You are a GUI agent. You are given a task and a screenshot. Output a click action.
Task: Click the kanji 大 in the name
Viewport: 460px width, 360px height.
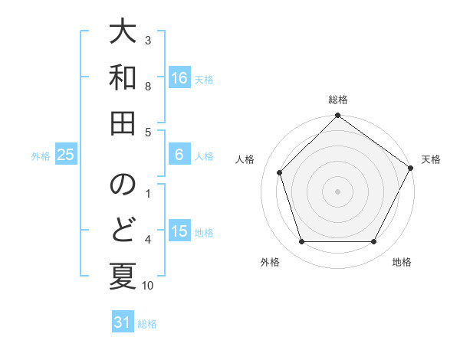(x=123, y=33)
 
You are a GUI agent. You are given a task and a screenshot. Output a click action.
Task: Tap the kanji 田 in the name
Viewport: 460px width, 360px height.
(x=123, y=123)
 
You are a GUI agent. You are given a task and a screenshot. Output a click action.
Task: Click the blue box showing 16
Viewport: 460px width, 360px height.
(x=179, y=78)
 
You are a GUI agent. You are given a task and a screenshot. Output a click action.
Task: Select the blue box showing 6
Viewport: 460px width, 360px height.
(x=179, y=155)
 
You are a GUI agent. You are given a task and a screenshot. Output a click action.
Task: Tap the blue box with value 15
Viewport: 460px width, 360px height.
(x=179, y=231)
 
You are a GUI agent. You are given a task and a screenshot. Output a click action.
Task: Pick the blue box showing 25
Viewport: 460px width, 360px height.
(x=66, y=155)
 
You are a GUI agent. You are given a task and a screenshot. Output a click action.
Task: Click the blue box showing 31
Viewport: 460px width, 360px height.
(x=123, y=322)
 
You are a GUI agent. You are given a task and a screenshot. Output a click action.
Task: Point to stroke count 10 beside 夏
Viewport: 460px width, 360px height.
(x=148, y=286)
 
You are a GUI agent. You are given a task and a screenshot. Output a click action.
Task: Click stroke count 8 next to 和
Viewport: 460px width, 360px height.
(x=148, y=87)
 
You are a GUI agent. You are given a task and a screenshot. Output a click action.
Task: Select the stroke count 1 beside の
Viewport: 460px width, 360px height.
(x=148, y=195)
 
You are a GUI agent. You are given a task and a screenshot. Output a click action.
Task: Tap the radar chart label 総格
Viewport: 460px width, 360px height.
(x=338, y=100)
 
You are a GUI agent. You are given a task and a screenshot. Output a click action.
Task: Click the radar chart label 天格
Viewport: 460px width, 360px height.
(x=432, y=159)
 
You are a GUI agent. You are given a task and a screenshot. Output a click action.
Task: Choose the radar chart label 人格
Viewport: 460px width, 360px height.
(x=245, y=159)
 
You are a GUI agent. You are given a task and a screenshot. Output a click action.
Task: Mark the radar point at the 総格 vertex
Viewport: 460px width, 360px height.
(x=338, y=116)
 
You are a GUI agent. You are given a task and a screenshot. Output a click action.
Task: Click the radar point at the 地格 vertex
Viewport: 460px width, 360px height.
(x=374, y=242)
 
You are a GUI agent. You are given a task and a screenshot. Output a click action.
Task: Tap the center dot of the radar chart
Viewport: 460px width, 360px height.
(x=338, y=191)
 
